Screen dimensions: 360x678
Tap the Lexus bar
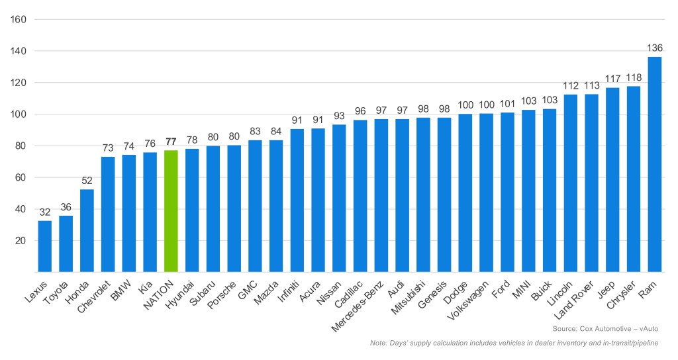click(45, 246)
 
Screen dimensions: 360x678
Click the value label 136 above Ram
click(654, 48)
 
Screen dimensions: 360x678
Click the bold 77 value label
click(171, 142)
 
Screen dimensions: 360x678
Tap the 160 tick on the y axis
click(17, 19)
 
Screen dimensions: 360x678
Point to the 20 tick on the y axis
click(20, 240)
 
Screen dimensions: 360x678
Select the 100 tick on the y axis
click(17, 114)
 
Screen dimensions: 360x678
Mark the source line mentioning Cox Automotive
click(605, 328)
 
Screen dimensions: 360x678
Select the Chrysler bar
click(633, 179)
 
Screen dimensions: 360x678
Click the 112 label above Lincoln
click(570, 86)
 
